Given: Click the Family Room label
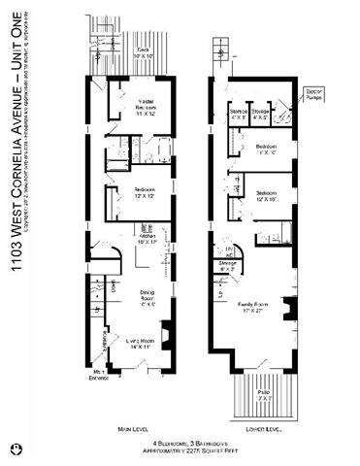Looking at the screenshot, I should click(x=255, y=308).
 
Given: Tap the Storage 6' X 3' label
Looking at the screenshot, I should click(x=227, y=267).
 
